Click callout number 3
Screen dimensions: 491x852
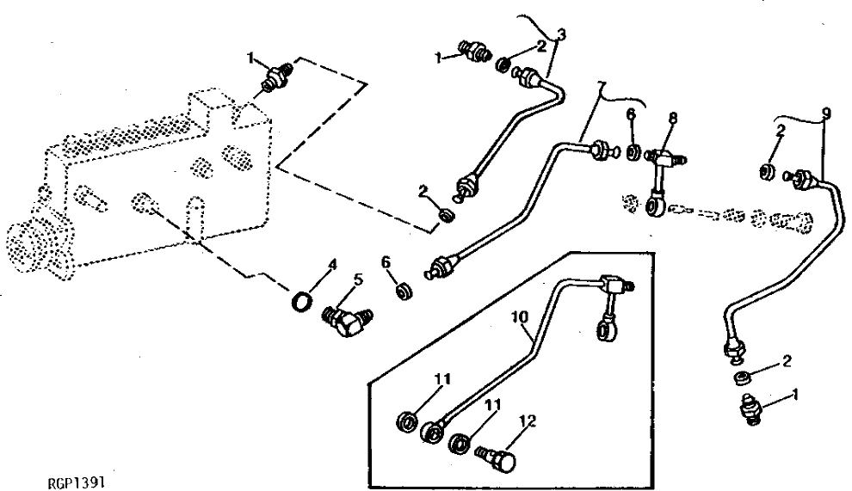click(561, 34)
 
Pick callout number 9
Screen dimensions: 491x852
click(826, 112)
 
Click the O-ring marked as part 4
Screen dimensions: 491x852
click(299, 303)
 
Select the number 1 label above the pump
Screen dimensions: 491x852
click(251, 58)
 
